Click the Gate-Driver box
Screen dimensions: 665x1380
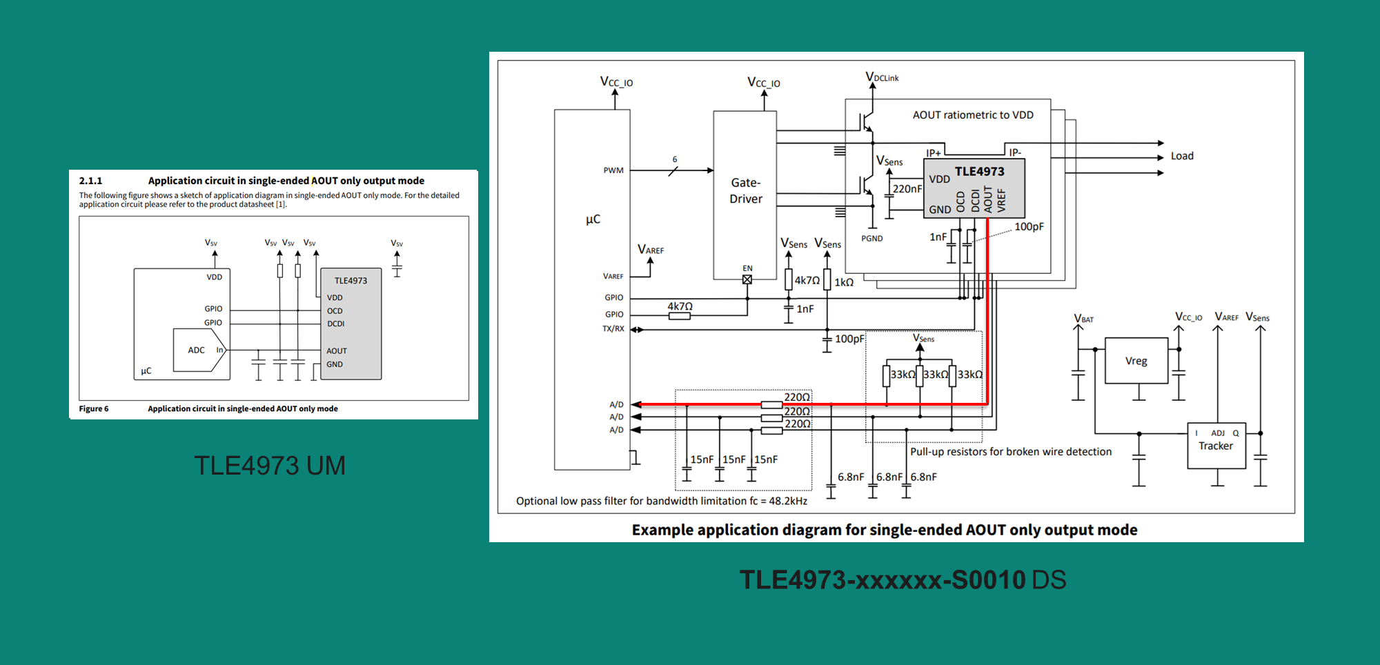point(745,191)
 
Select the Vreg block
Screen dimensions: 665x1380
point(1136,361)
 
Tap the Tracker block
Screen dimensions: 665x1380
point(1216,446)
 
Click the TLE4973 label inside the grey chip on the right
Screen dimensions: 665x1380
point(979,171)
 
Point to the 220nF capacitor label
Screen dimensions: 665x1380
point(907,188)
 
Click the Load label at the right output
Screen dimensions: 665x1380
point(1182,156)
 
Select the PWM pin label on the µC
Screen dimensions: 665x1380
point(613,170)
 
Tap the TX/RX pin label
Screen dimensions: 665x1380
point(613,329)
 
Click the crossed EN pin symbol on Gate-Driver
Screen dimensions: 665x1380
point(747,279)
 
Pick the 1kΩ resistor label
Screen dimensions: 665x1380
point(844,282)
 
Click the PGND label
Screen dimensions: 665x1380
point(871,239)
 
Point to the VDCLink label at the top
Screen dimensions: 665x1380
point(882,77)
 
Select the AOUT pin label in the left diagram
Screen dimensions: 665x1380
point(337,351)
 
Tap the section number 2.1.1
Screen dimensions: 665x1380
point(90,181)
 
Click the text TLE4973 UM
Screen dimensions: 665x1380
point(270,466)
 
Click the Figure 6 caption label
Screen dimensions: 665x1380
point(94,409)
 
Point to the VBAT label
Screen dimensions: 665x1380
point(1083,319)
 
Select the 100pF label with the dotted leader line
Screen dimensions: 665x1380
point(1029,226)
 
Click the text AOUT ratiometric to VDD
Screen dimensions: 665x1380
point(973,115)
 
